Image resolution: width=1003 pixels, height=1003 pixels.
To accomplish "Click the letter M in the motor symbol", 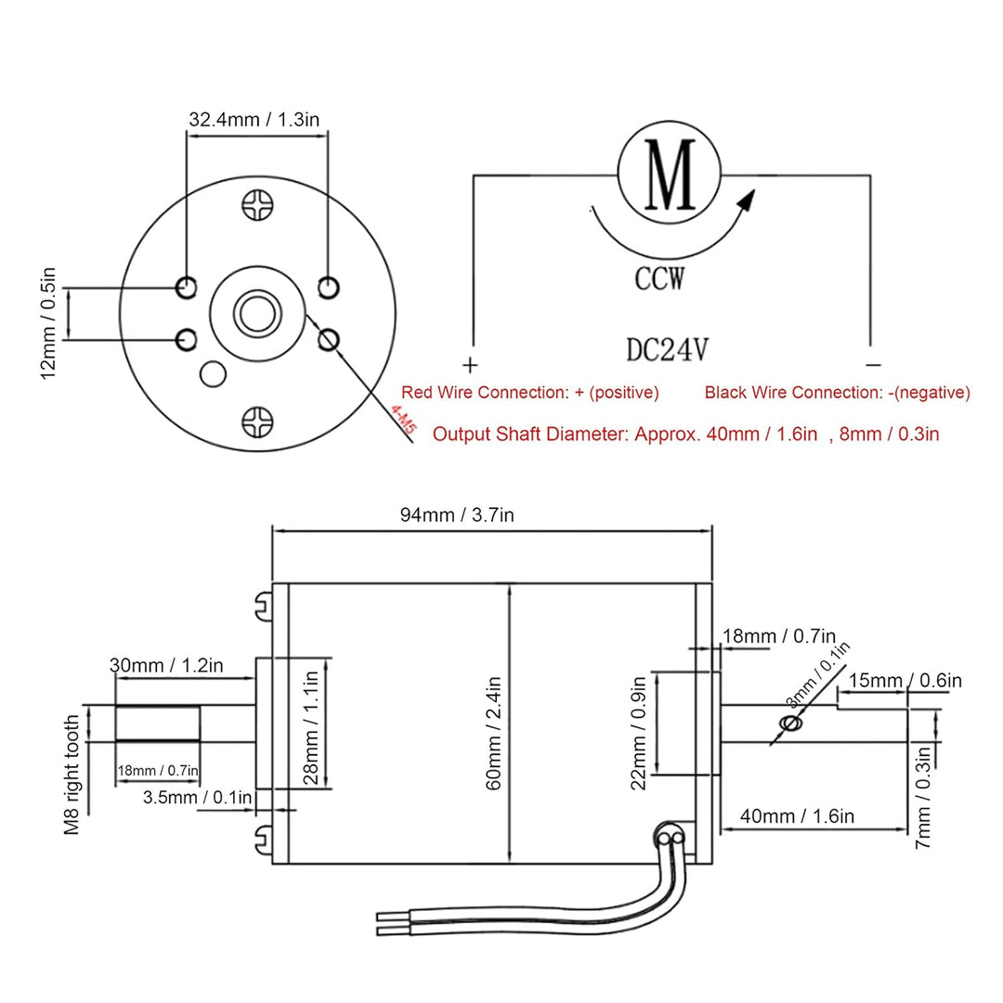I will (x=670, y=176).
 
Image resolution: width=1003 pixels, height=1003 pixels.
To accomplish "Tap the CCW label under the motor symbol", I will (x=660, y=278).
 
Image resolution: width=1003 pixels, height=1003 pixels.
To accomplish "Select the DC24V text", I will (x=668, y=350).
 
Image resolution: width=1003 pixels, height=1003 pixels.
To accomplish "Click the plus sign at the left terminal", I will (x=469, y=363).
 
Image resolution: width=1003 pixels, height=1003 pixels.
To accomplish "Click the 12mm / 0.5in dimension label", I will (x=49, y=322).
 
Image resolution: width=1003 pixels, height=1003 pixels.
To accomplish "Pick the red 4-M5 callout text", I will (x=404, y=422).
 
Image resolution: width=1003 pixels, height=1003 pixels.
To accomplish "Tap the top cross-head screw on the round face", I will (x=257, y=205).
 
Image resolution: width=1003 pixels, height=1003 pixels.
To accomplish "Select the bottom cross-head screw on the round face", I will (x=257, y=423).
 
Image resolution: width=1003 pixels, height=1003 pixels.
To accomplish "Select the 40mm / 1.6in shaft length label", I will (x=797, y=817).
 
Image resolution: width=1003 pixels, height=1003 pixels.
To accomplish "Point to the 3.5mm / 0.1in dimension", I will (x=197, y=797).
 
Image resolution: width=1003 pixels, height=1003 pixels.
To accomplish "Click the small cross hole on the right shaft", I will (x=791, y=724).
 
